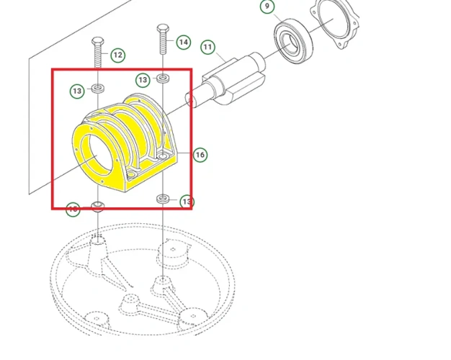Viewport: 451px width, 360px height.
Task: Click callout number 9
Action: pyautogui.click(x=268, y=6)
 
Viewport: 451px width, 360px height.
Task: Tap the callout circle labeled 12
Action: pyautogui.click(x=117, y=55)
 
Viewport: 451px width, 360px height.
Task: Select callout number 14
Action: pyautogui.click(x=183, y=42)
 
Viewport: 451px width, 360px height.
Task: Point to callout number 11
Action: pyautogui.click(x=207, y=48)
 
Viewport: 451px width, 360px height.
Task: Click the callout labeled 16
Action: pyautogui.click(x=200, y=154)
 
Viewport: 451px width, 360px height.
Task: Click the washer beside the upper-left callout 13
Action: pyautogui.click(x=97, y=90)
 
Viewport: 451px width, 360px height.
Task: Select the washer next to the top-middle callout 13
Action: pyautogui.click(x=164, y=78)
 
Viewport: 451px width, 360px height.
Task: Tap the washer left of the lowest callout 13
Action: pyautogui.click(x=164, y=198)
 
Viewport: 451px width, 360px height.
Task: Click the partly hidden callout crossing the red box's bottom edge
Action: pyautogui.click(x=73, y=209)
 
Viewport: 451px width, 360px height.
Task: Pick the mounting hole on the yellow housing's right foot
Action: pyautogui.click(x=164, y=155)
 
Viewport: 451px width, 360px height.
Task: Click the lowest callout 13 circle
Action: pyautogui.click(x=186, y=202)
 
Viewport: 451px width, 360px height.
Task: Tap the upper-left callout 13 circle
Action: pyautogui.click(x=78, y=91)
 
